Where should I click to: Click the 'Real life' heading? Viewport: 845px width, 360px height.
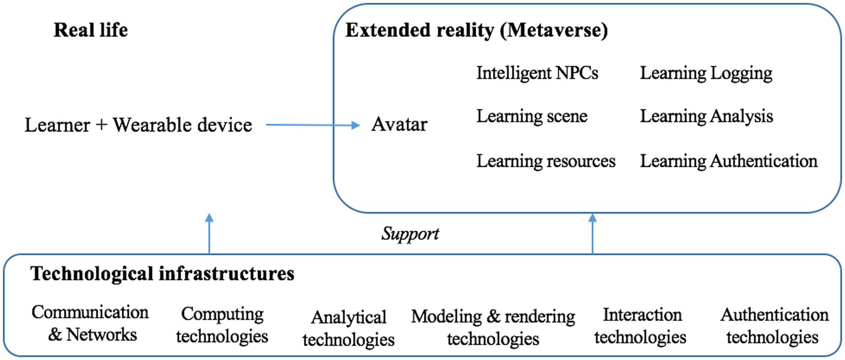pos(90,30)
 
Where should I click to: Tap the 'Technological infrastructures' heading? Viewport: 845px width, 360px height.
pos(162,274)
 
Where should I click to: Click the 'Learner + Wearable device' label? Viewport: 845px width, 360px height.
pos(138,126)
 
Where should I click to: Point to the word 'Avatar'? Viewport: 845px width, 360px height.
pos(399,125)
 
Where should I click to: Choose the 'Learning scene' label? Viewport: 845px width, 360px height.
pos(532,116)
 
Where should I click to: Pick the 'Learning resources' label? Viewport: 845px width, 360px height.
pos(546,161)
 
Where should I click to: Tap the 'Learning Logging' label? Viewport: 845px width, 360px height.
pos(706,73)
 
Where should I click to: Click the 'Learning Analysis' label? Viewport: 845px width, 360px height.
pos(706,116)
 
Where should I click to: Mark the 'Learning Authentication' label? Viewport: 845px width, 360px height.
pos(728,161)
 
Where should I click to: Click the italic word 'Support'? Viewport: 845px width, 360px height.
pos(410,233)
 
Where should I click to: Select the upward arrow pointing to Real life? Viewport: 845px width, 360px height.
pos(208,234)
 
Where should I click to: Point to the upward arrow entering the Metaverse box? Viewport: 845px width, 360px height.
pos(592,234)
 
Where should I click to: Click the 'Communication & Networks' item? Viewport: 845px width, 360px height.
pos(90,323)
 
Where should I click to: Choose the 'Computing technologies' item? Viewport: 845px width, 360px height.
pos(222,325)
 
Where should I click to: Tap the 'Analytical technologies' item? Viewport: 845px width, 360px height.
pos(348,328)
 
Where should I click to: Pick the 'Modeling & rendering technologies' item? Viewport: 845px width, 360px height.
pos(493,327)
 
